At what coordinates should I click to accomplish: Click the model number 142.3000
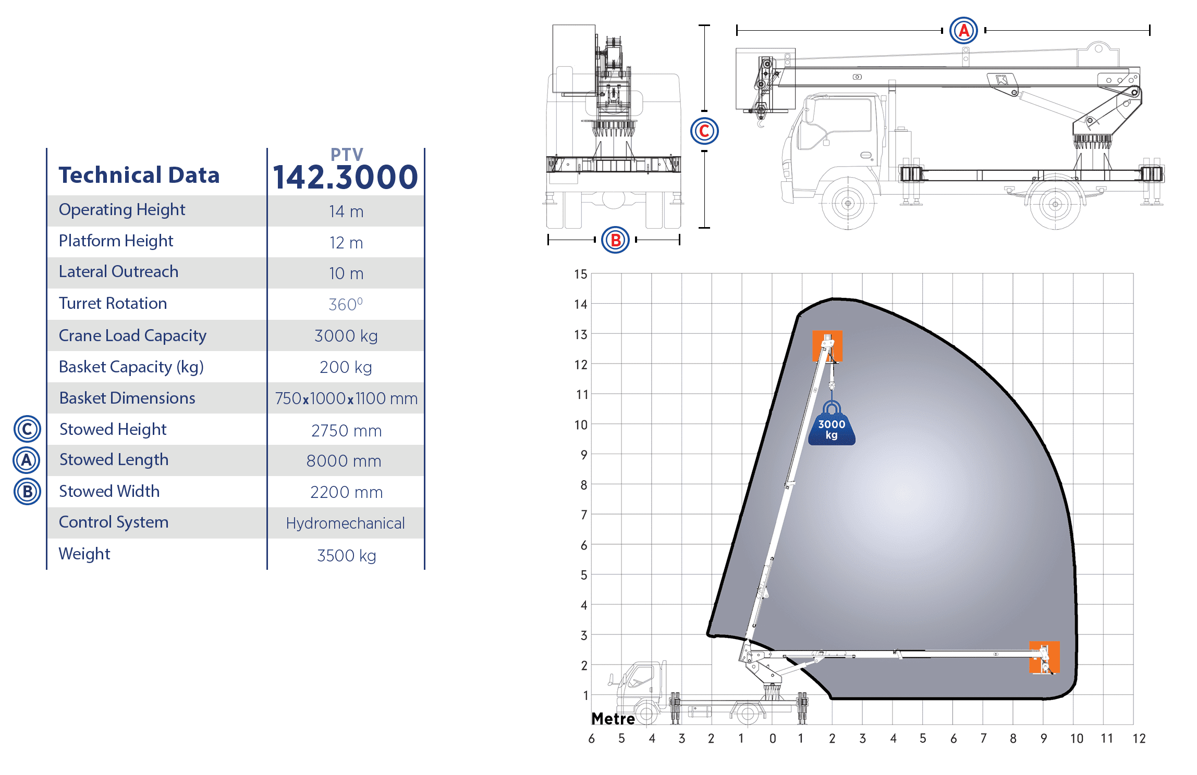[345, 177]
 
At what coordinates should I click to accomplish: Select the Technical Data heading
[139, 175]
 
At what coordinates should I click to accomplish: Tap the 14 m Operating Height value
[346, 211]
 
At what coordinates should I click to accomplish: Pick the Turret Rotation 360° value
[346, 304]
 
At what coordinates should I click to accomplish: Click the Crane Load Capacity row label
[132, 336]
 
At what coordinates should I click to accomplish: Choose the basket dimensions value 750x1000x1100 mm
[346, 398]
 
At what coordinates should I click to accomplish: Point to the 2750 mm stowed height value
[346, 431]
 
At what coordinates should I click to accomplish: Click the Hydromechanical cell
[345, 523]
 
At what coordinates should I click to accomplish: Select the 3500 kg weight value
[346, 556]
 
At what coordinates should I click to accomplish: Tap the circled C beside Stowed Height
[27, 429]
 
